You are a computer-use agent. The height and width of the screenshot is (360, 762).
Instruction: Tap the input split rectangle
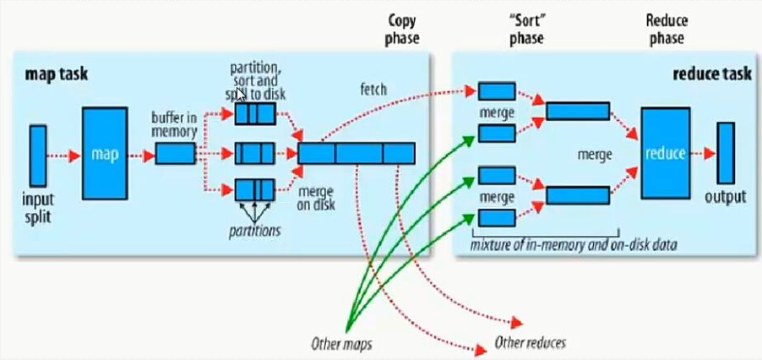pos(38,155)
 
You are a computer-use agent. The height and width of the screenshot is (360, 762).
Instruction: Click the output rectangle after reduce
pos(726,153)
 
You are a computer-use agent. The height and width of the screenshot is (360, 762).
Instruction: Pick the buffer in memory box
pos(176,153)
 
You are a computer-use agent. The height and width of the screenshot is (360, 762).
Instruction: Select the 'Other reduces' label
pos(530,343)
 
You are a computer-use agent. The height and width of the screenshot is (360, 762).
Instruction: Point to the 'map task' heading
pos(57,74)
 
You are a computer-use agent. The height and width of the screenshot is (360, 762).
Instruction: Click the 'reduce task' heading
pos(712,74)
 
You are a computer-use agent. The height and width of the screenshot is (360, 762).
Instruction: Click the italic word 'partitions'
pos(253,229)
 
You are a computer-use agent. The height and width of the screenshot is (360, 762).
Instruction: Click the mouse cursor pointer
pos(242,95)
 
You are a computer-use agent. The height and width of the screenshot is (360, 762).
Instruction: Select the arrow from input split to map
pos(64,155)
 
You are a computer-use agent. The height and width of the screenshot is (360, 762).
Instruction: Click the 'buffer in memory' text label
pos(175,123)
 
